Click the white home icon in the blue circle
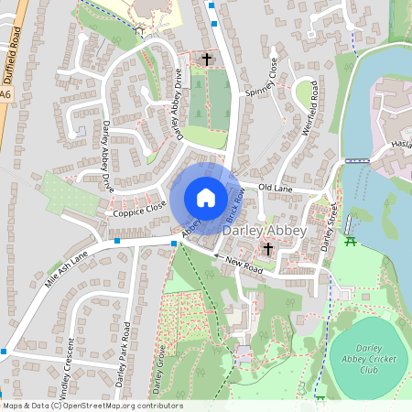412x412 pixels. point(206,198)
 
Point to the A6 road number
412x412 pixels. point(6,93)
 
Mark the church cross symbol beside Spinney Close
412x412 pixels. point(206,60)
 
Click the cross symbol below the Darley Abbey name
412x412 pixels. point(268,248)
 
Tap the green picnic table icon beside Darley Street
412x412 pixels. point(351,241)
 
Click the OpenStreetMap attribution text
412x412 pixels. point(92,406)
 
